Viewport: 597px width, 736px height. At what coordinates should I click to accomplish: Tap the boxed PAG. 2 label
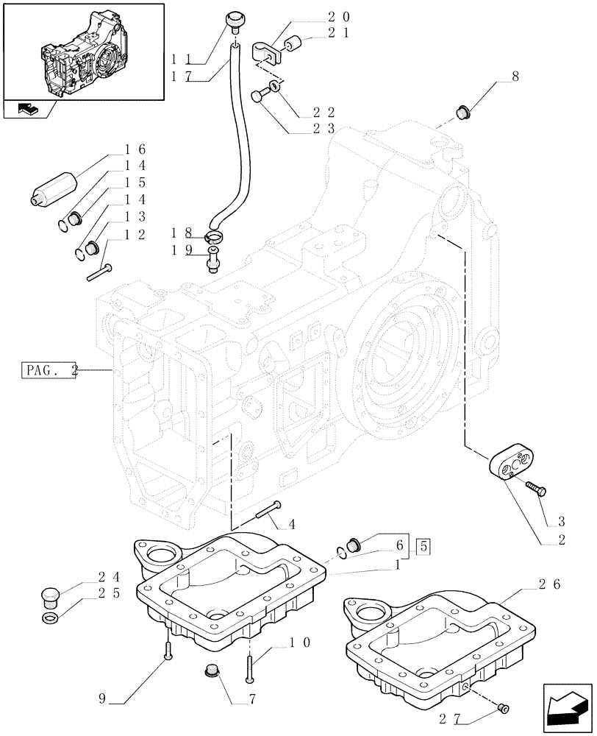[x=49, y=372]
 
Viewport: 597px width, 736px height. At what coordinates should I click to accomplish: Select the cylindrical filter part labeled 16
[x=54, y=189]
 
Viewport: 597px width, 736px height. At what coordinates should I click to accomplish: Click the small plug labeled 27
[x=504, y=708]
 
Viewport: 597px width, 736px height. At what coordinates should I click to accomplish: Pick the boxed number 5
[x=423, y=546]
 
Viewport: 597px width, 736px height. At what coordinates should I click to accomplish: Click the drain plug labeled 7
[x=210, y=673]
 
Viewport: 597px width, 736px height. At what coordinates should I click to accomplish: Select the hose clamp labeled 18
[x=213, y=236]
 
